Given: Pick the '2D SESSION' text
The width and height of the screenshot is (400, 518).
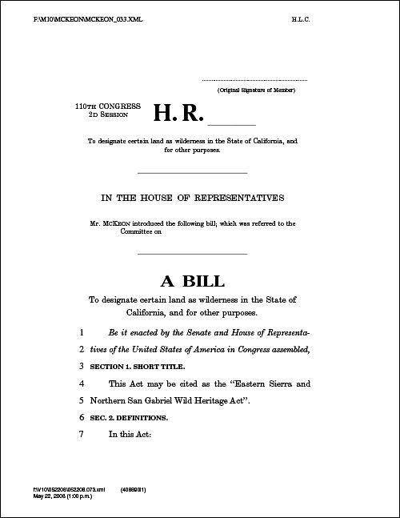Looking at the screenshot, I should [103, 114].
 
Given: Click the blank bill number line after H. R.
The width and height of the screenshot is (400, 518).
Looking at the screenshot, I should [232, 125].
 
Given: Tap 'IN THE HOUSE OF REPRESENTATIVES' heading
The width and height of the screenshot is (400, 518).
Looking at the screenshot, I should [192, 197].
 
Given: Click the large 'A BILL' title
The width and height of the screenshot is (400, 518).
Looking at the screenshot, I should [193, 281].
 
